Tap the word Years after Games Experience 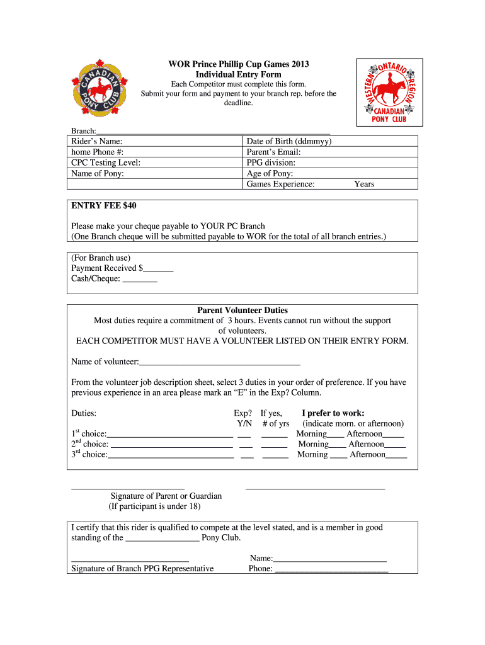pos(364,184)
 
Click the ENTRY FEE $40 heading pos(104,206)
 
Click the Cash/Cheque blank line pos(140,279)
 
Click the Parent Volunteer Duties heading pos(243,310)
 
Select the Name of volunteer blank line pos(220,362)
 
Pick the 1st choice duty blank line pos(170,435)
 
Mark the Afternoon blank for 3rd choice pos(396,455)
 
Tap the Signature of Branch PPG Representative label pos(142,568)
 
